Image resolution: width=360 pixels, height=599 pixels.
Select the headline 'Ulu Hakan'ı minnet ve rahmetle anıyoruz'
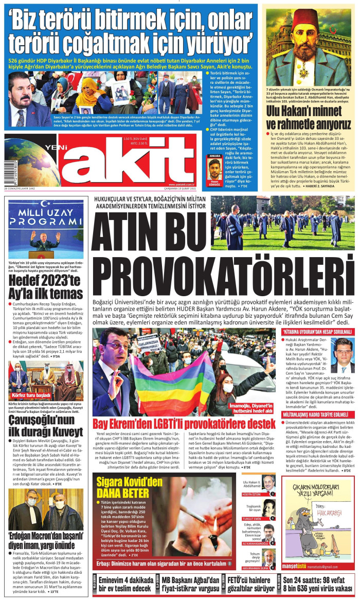click(309, 118)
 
